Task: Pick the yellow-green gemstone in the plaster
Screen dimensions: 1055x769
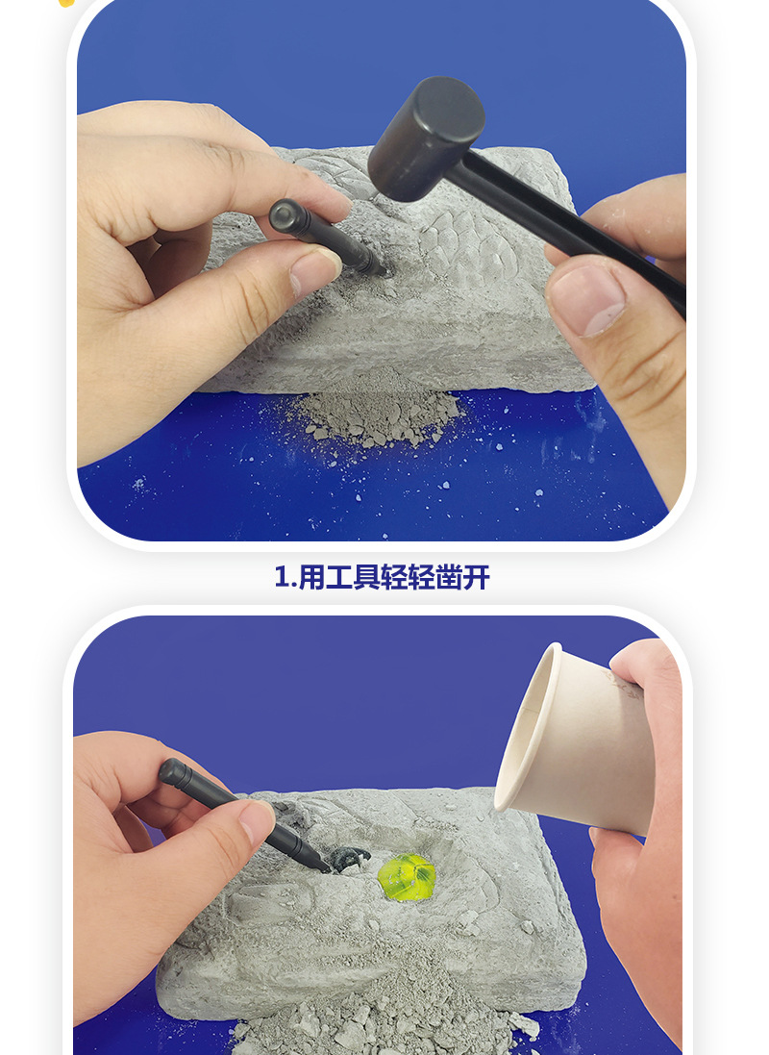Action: click(407, 876)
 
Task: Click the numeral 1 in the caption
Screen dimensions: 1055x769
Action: click(281, 577)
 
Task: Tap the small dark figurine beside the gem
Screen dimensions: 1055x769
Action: click(352, 856)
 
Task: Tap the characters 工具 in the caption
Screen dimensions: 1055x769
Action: click(355, 577)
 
